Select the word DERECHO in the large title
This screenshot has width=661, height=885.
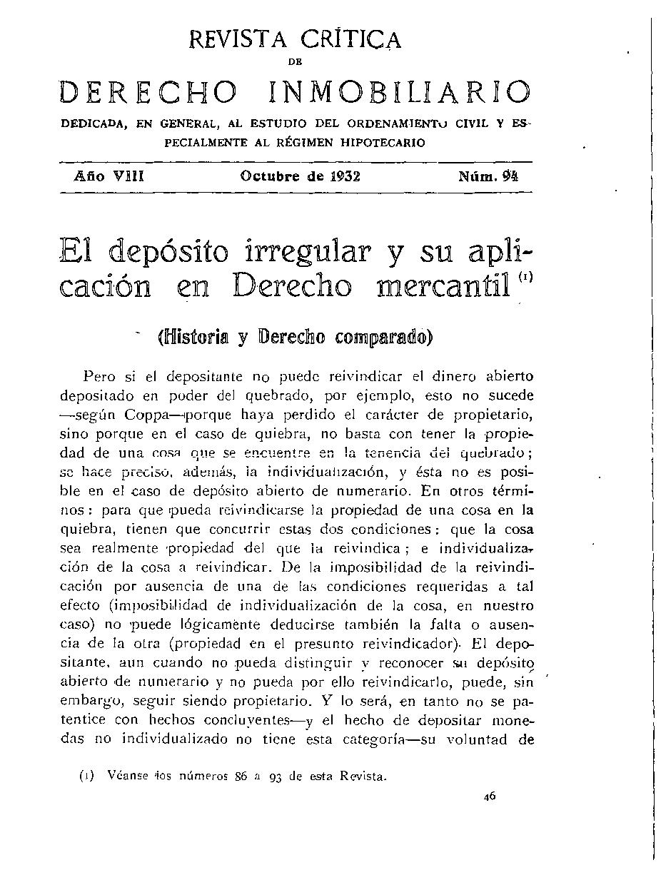pos(148,92)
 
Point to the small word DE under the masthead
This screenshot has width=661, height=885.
pos(295,63)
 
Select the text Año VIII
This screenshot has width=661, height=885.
pos(109,175)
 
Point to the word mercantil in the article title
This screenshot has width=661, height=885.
pos(440,285)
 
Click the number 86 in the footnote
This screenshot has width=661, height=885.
pos(241,777)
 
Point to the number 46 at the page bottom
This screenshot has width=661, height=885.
pos(489,798)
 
